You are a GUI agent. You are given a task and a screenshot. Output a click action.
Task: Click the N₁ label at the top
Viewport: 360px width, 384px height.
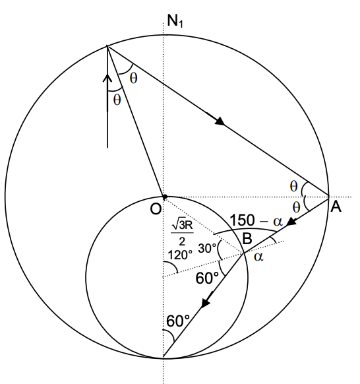tap(175, 21)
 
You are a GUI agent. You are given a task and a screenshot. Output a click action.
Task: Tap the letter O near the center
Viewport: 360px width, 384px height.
tap(156, 209)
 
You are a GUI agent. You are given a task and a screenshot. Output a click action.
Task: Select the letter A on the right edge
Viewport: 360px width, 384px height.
tap(336, 207)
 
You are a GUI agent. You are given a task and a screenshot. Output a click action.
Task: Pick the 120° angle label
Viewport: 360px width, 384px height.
tap(179, 253)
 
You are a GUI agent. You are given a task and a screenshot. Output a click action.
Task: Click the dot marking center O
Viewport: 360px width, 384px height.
tap(164, 196)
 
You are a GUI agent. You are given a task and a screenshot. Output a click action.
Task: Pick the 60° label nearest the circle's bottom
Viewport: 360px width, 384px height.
tap(179, 322)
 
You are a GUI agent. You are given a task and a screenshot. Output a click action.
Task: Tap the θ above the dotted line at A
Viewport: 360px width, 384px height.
tap(294, 187)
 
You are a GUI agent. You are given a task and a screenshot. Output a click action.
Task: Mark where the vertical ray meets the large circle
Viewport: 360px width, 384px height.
tap(107, 46)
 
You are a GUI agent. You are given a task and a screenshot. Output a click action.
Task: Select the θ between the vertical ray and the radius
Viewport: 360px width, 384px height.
tap(117, 100)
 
